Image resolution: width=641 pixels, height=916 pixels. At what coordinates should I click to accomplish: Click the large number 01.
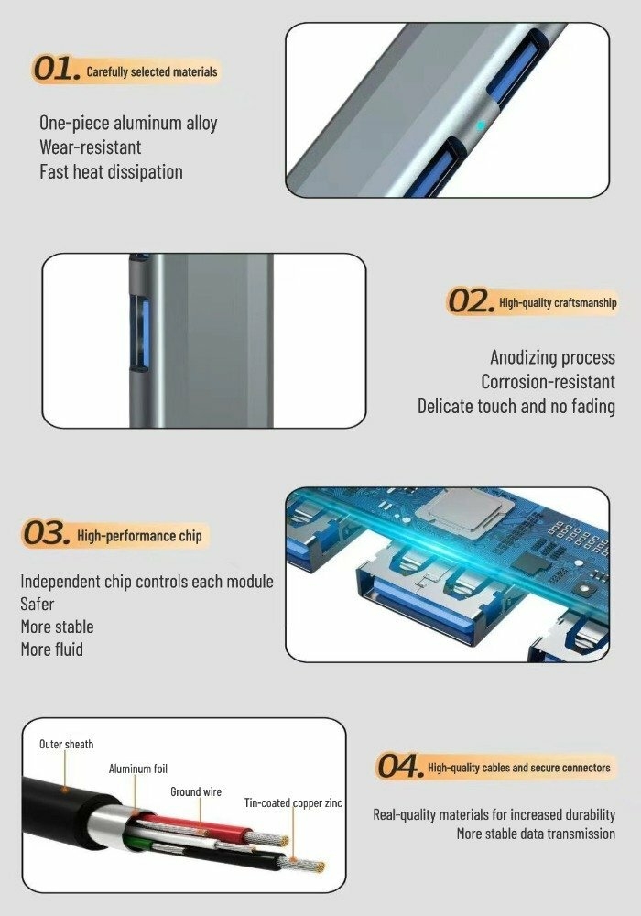56,69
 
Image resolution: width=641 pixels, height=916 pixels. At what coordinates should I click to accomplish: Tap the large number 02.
470,300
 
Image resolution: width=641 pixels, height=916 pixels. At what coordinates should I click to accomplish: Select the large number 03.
46,533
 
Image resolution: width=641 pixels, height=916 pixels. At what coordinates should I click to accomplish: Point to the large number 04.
399,766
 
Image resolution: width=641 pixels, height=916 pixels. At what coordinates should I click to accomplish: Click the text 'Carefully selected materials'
152,71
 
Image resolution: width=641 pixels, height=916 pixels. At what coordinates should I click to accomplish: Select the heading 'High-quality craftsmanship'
558,302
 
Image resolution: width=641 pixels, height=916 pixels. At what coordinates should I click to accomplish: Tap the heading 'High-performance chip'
139,536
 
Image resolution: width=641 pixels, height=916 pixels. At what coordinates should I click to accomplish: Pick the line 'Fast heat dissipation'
111,172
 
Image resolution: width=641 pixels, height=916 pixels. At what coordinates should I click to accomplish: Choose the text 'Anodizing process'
552,357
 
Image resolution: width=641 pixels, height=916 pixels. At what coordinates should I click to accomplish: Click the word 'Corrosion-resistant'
548,381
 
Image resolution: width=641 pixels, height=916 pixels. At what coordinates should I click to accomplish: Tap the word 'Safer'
37,604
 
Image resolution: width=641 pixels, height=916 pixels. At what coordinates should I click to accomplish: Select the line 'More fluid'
51,649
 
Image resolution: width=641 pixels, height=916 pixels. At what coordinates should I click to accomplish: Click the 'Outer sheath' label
66,744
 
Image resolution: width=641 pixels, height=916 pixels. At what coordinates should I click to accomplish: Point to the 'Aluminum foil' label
137,769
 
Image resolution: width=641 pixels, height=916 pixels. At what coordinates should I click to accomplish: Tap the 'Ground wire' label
196,791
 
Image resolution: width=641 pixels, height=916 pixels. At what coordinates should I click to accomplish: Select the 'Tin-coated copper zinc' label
293,803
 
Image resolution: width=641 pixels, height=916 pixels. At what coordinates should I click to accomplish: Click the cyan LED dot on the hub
481,125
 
